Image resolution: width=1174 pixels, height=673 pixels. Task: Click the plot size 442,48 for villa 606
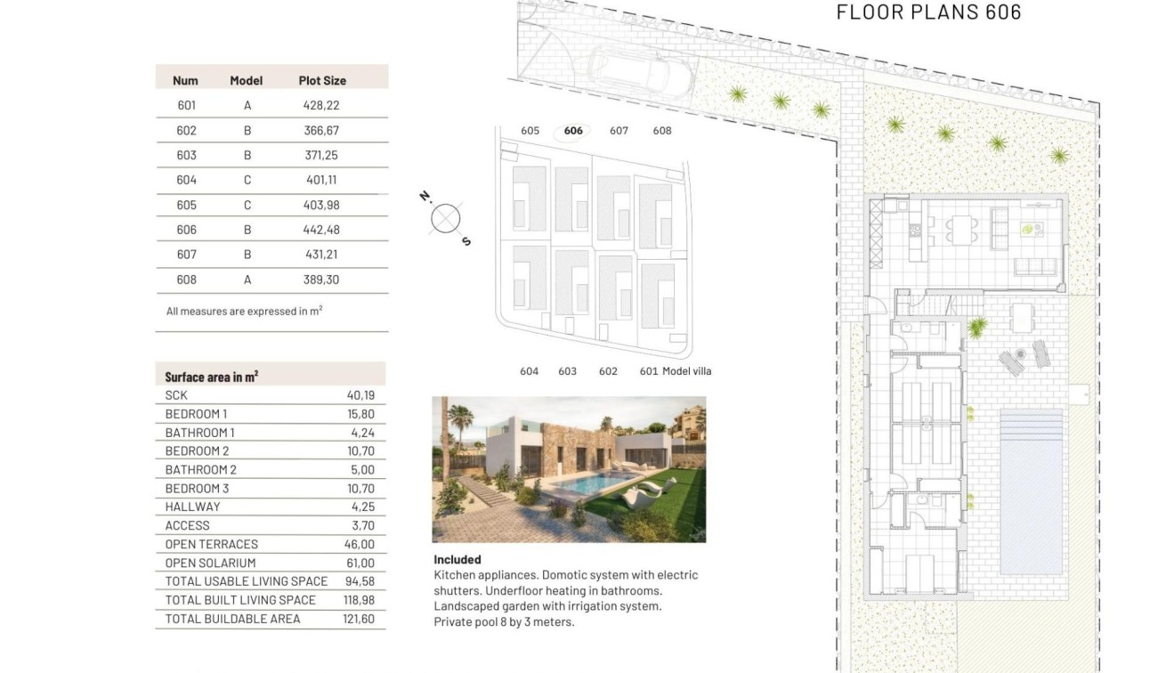coord(321,230)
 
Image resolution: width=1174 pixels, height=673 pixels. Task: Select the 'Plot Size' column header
coord(322,80)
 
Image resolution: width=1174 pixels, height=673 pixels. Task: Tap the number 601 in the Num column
coord(186,105)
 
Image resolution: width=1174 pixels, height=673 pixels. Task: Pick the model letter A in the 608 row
coord(247,280)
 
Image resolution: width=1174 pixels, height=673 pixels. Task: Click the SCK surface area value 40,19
coord(360,395)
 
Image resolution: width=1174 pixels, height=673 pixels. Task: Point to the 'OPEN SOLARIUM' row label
coord(210,563)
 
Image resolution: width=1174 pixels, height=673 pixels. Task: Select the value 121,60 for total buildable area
coord(359,619)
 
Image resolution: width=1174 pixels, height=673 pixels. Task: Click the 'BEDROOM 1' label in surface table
coord(196,414)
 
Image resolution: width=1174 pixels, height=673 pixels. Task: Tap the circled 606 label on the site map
coord(573,132)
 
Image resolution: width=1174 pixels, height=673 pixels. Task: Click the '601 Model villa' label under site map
coord(676,371)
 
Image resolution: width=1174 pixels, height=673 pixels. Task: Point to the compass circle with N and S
coord(445,217)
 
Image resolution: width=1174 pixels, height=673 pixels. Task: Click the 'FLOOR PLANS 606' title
coord(928,12)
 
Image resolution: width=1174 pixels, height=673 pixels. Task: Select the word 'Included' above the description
coord(457,560)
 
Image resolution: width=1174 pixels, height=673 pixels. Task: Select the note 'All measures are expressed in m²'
coord(244,312)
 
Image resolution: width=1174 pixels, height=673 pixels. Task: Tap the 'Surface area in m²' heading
coord(212,377)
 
